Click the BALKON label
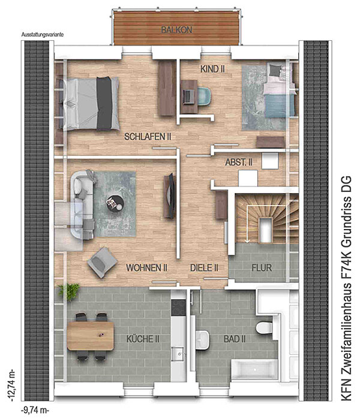(x=176, y=30)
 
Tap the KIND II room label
(x=212, y=69)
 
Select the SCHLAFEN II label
(x=148, y=137)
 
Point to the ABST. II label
(x=239, y=162)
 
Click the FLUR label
(x=262, y=268)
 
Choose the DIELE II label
(x=204, y=268)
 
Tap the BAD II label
(x=235, y=339)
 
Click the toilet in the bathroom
(x=264, y=328)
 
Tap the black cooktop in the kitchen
(x=178, y=308)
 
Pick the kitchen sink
(x=178, y=354)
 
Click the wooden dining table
(x=91, y=336)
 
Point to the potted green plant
(x=69, y=291)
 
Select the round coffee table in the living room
(x=115, y=203)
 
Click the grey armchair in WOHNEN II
(x=102, y=263)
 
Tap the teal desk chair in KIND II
(x=204, y=96)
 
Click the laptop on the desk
(x=189, y=97)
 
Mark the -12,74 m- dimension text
(x=12, y=386)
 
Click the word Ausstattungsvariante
(x=43, y=35)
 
